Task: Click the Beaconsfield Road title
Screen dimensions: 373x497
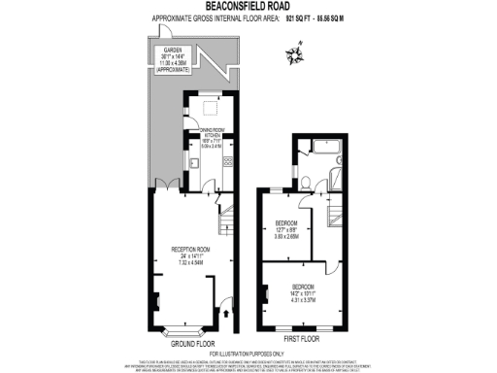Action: click(248, 7)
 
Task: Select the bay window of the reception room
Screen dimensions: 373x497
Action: click(175, 327)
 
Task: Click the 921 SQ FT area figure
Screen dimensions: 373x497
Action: click(301, 18)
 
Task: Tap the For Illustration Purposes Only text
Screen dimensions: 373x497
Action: click(248, 353)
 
